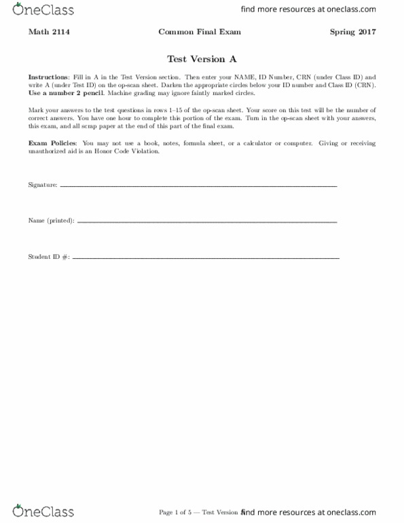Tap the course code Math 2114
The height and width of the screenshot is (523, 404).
pyautogui.click(x=46, y=32)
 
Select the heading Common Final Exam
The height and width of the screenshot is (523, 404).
pyautogui.click(x=199, y=32)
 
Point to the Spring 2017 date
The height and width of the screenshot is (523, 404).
pyautogui.click(x=353, y=32)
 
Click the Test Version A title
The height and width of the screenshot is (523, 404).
pyautogui.click(x=202, y=58)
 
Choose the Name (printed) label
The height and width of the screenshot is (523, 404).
pyautogui.click(x=52, y=221)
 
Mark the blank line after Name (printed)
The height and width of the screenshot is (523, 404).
pyautogui.click(x=207, y=222)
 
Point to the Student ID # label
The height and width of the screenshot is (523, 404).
pyautogui.click(x=48, y=257)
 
